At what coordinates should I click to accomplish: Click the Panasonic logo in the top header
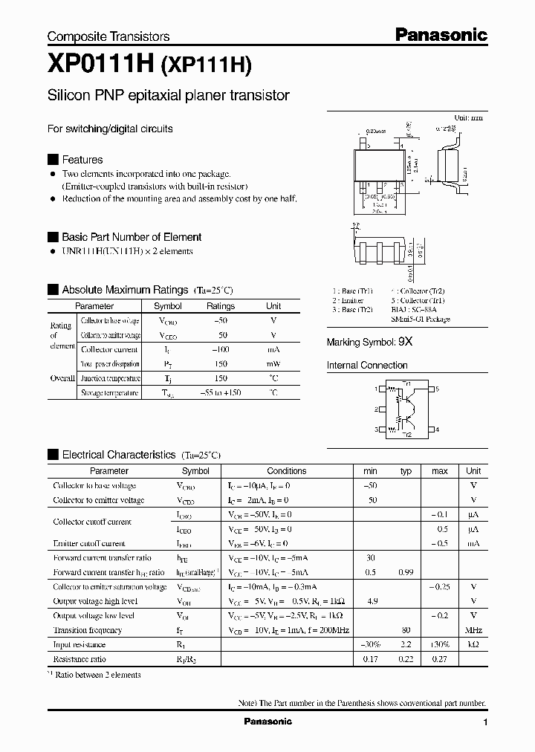440,34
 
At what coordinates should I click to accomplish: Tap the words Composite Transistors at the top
108,36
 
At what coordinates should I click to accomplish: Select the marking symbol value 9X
405,343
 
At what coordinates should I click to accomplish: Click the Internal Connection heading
367,366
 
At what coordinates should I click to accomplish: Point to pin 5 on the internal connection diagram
438,389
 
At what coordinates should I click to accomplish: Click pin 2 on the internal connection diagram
377,409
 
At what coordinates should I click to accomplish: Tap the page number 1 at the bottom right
484,722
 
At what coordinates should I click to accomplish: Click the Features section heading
82,160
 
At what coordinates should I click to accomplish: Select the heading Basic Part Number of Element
132,237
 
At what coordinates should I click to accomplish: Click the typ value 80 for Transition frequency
406,630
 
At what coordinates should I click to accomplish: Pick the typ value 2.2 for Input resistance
406,645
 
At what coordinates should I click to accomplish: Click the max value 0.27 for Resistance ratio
440,659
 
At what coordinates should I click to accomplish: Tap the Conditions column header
286,471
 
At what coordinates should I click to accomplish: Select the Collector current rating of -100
221,349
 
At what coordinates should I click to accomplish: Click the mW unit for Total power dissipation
273,364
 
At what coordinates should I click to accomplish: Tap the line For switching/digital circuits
110,129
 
